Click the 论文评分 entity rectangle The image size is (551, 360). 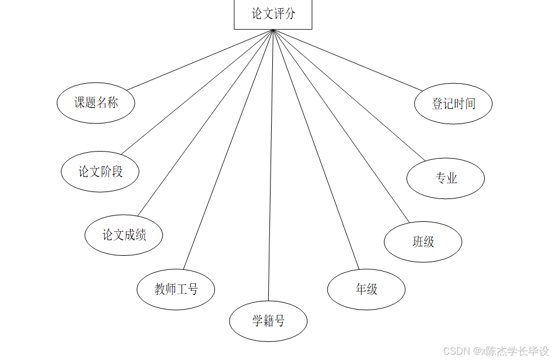point(273,14)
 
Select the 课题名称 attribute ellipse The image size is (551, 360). point(96,103)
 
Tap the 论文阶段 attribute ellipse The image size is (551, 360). point(101,172)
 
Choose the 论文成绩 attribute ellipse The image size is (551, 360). point(124,235)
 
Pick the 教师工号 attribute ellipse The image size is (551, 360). point(176,289)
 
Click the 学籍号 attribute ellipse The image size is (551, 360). point(268,321)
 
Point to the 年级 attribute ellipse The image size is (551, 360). point(367,289)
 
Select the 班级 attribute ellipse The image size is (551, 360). point(423,241)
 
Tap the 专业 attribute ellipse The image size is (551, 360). point(446,179)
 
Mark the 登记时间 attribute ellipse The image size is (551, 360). point(453,104)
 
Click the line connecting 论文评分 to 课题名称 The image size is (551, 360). point(200,60)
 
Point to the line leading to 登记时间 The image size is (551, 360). point(347,60)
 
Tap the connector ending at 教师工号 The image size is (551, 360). point(228,149)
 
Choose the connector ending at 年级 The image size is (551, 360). point(316,149)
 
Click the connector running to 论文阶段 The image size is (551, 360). point(197,92)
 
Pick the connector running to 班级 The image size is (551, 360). point(341,126)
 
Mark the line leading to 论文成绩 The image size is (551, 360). point(205,123)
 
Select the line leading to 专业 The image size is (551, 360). point(348,95)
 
